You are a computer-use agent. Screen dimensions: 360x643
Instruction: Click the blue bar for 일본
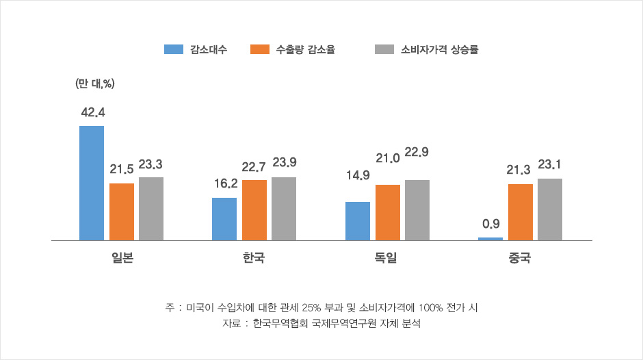(92, 183)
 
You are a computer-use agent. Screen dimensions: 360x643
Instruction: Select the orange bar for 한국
(254, 210)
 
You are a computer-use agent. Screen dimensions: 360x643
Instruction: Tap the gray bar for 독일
(417, 210)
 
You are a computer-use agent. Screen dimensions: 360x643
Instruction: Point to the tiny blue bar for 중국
(490, 239)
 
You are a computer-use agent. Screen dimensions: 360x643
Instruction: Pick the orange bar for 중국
(521, 212)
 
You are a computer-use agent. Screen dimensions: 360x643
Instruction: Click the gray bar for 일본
(151, 209)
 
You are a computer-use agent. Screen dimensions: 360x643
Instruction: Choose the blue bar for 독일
(358, 221)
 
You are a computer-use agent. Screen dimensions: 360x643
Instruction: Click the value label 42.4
(92, 112)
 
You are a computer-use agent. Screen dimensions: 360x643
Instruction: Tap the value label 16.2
(225, 183)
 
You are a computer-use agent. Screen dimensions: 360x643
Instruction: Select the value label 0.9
(490, 224)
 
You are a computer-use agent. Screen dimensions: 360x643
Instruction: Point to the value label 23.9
(284, 163)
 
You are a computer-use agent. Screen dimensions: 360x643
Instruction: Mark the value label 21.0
(387, 159)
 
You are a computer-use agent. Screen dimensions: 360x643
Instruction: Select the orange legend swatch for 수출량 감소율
(261, 49)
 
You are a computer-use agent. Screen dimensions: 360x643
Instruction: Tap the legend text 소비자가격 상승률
(439, 49)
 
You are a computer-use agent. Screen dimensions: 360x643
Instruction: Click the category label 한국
(254, 259)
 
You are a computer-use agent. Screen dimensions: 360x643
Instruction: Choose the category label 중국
(520, 259)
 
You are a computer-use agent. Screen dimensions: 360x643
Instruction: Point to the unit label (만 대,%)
(94, 83)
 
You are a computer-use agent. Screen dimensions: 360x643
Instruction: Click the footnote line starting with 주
(321, 307)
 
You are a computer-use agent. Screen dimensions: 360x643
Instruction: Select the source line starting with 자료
(321, 323)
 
